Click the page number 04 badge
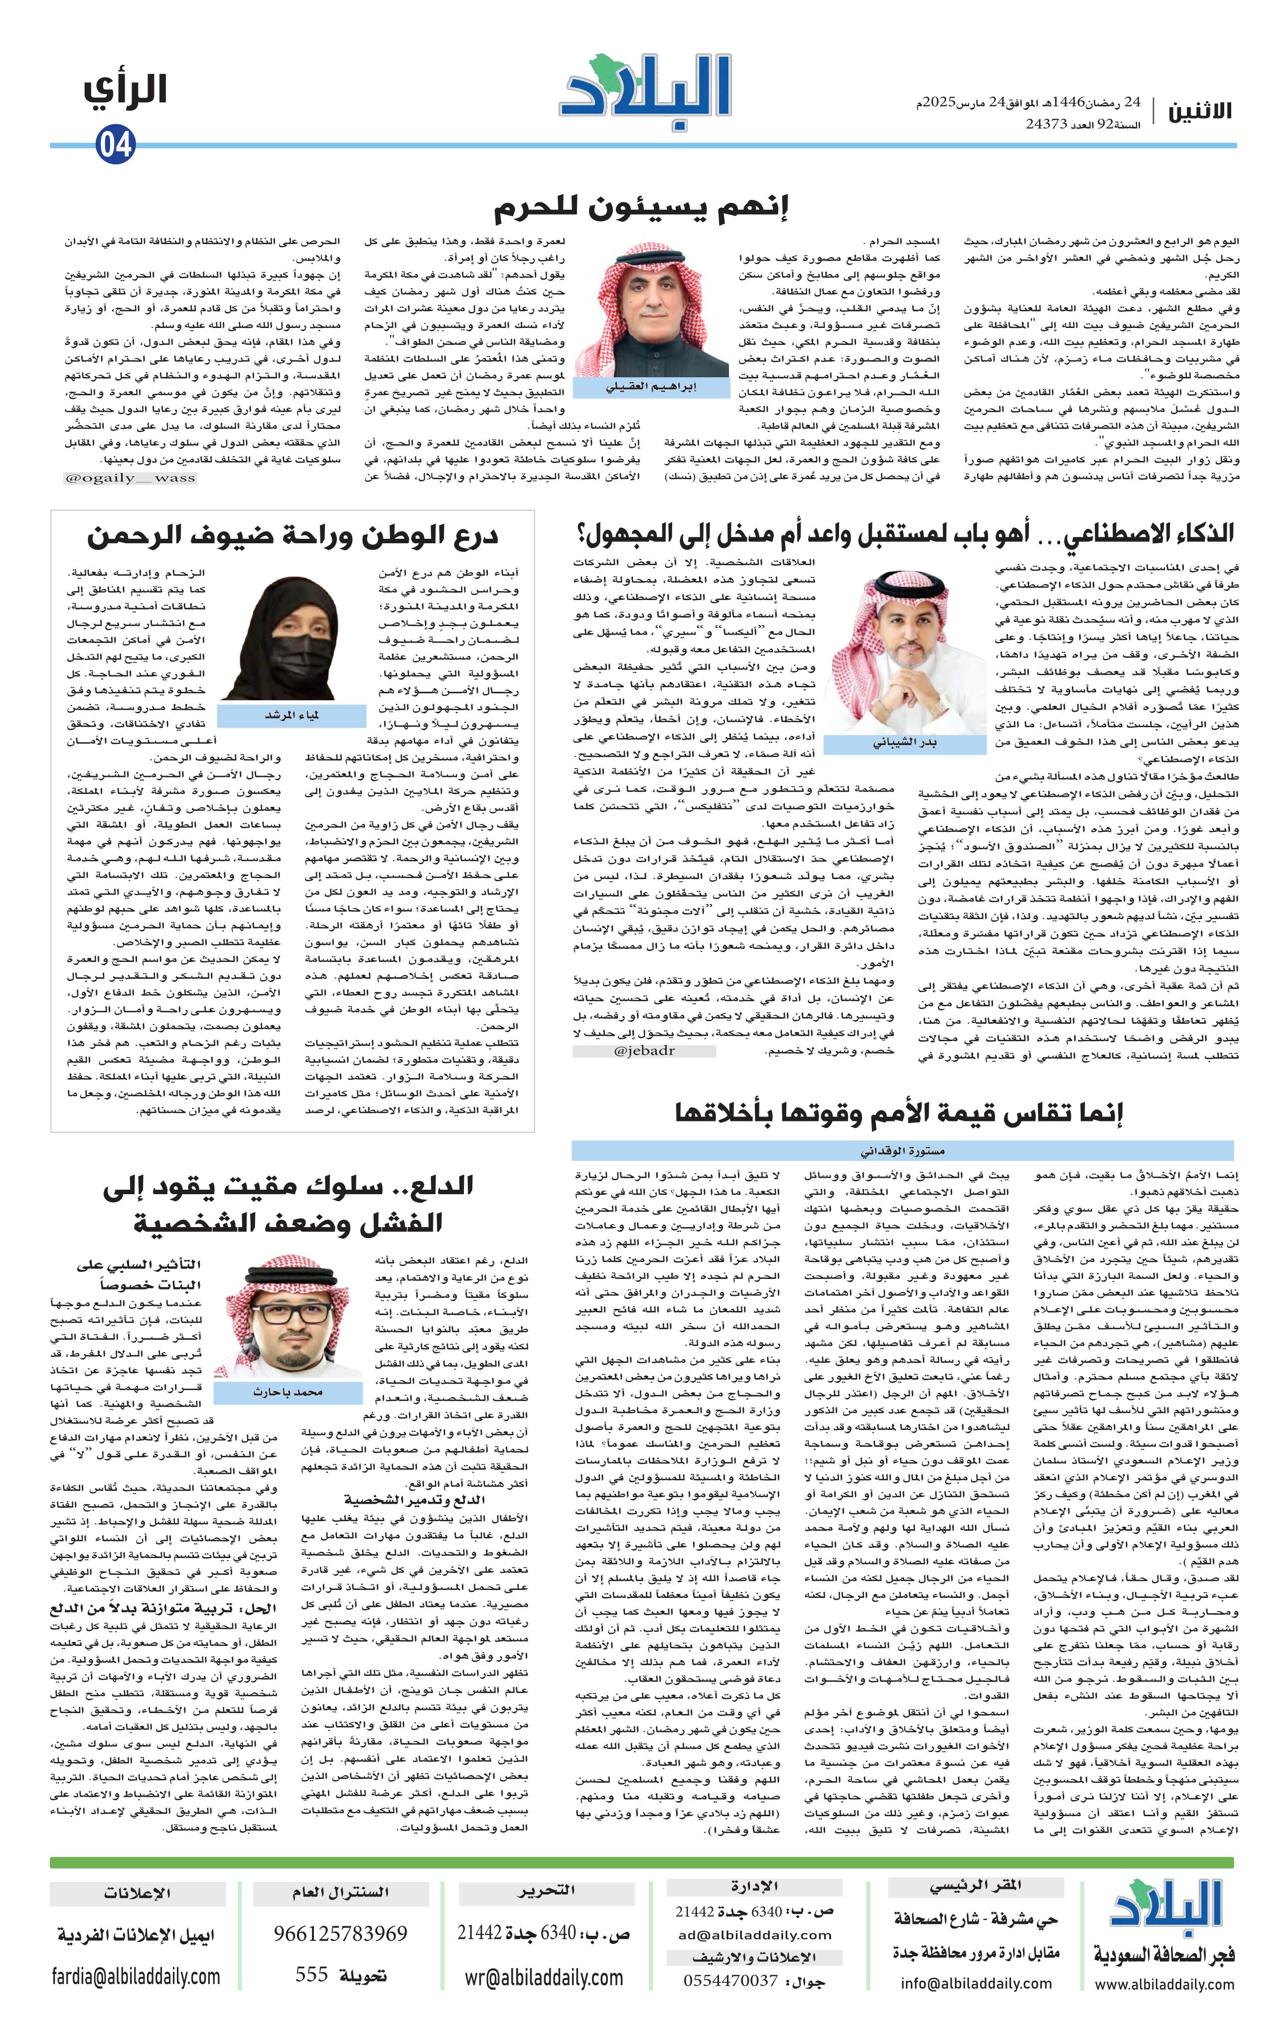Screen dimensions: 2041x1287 point(115,145)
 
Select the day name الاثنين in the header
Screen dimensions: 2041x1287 point(1200,111)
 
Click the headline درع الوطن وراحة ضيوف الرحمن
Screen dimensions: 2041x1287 point(292,536)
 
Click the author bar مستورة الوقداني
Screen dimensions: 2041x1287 point(903,1151)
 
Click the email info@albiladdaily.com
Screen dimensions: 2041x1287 point(976,1983)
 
